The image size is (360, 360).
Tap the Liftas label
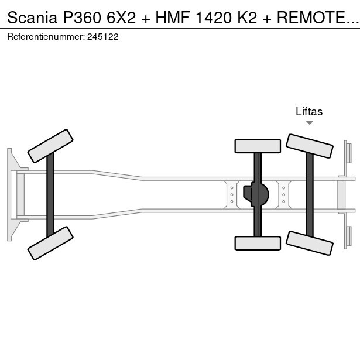coord(309,112)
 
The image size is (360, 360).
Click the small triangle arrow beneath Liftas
coord(309,123)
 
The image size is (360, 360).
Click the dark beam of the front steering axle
coord(50,194)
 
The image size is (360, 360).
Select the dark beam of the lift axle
coord(309,194)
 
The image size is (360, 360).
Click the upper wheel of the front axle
coord(51,146)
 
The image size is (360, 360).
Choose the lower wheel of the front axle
coord(51,242)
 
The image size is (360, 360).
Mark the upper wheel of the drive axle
coord(258,146)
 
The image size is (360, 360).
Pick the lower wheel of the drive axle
coord(258,242)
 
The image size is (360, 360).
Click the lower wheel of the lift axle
coord(309,242)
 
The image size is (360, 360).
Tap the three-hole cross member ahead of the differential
coord(232,194)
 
